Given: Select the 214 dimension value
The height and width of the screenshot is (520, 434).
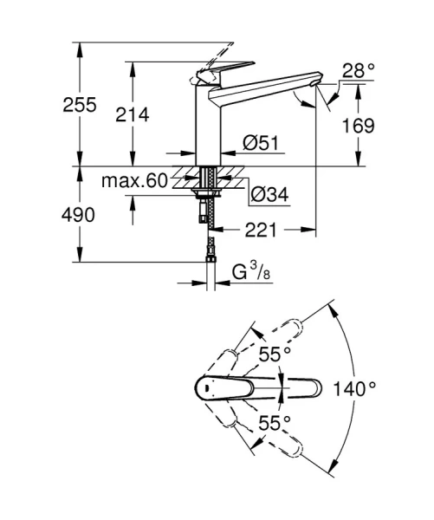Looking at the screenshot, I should click(x=133, y=114).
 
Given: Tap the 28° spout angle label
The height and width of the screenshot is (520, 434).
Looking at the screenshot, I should click(x=358, y=71).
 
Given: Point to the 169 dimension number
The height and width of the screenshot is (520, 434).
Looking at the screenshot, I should click(x=357, y=127).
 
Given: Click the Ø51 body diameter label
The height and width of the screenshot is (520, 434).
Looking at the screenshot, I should click(x=260, y=143).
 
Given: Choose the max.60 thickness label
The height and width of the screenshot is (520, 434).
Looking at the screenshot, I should click(x=133, y=182).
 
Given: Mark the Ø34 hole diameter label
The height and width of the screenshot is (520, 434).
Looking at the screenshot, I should click(x=269, y=196).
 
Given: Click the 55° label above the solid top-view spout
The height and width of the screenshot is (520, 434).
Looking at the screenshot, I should click(x=275, y=354).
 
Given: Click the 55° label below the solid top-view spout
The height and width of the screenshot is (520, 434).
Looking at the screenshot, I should click(x=275, y=423).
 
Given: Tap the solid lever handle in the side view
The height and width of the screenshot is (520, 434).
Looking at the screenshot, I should click(x=227, y=70).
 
